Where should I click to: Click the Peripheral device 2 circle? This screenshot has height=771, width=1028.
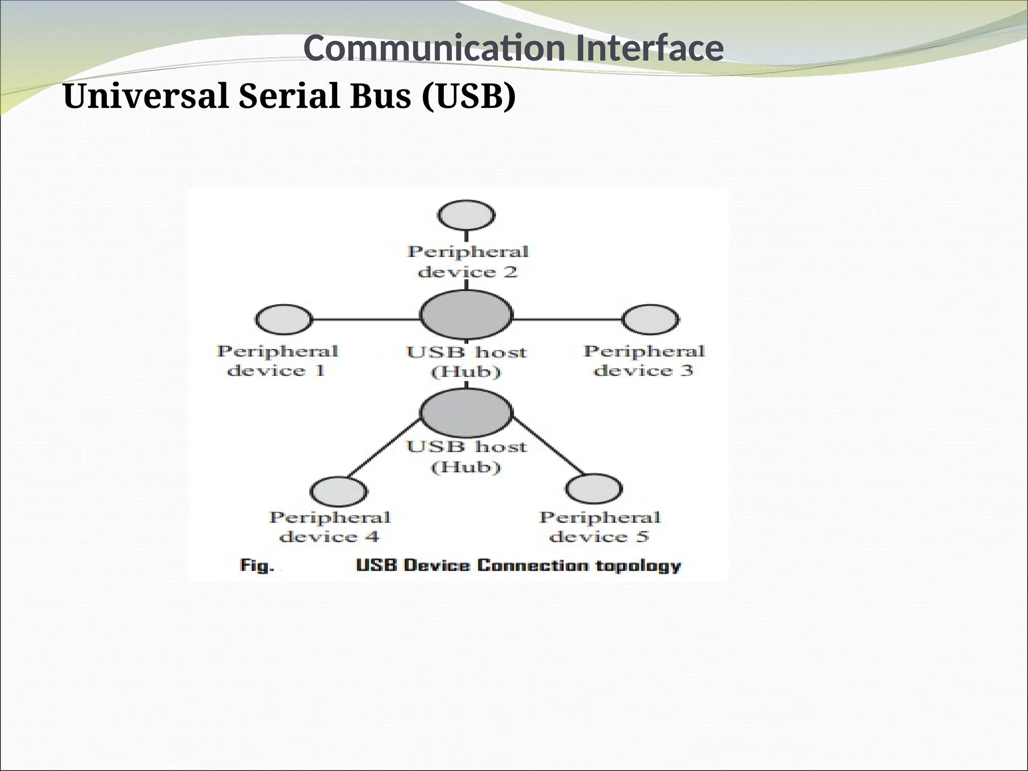pyautogui.click(x=467, y=215)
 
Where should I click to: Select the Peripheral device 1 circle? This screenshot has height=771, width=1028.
pyautogui.click(x=284, y=319)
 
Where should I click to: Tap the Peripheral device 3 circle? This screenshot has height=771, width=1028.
pyautogui.click(x=651, y=319)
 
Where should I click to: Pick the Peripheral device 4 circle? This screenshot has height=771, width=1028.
pyautogui.click(x=338, y=491)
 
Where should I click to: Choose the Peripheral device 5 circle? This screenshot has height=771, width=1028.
pyautogui.click(x=594, y=488)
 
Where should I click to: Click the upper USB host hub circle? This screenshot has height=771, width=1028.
pyautogui.click(x=466, y=315)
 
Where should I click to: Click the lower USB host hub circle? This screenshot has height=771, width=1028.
pyautogui.click(x=466, y=412)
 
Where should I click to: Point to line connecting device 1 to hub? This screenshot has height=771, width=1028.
pyautogui.click(x=365, y=319)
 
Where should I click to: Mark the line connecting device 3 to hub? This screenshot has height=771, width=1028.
pyautogui.click(x=567, y=319)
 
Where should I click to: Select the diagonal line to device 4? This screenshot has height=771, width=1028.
pyautogui.click(x=384, y=448)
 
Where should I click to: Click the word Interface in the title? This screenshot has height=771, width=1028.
pyautogui.click(x=650, y=49)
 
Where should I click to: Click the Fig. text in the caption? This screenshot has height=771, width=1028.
pyautogui.click(x=257, y=566)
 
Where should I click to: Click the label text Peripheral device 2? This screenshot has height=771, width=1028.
pyautogui.click(x=468, y=262)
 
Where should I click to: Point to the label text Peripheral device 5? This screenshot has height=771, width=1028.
pyautogui.click(x=599, y=527)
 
